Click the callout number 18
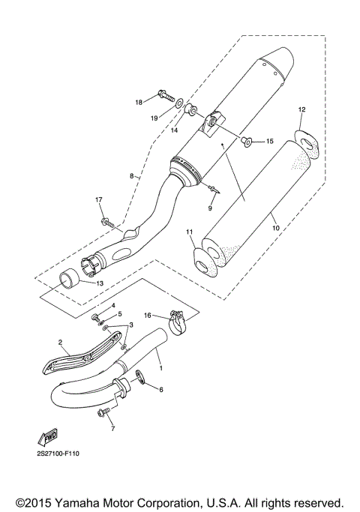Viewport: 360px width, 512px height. pyautogui.click(x=139, y=102)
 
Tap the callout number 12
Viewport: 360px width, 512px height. pyautogui.click(x=301, y=110)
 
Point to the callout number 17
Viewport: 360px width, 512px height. pyautogui.click(x=97, y=199)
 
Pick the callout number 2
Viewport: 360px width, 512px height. pyautogui.click(x=59, y=342)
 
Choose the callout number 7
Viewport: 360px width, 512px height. pyautogui.click(x=113, y=428)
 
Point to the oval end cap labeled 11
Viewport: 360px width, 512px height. pyautogui.click(x=202, y=261)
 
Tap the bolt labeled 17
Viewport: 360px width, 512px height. pyautogui.click(x=108, y=222)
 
